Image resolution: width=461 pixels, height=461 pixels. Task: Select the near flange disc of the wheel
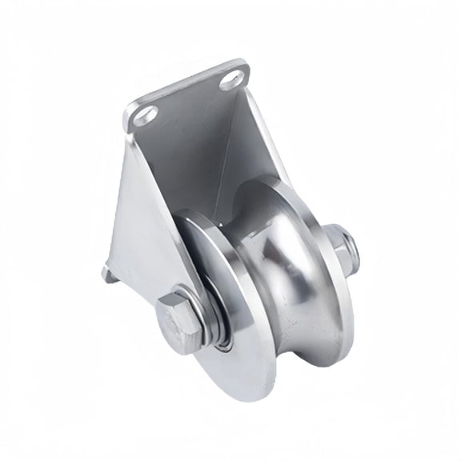[240, 320]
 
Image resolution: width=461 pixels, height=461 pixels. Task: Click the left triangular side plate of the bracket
[144, 216]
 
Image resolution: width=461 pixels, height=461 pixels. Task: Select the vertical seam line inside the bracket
[214, 168]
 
